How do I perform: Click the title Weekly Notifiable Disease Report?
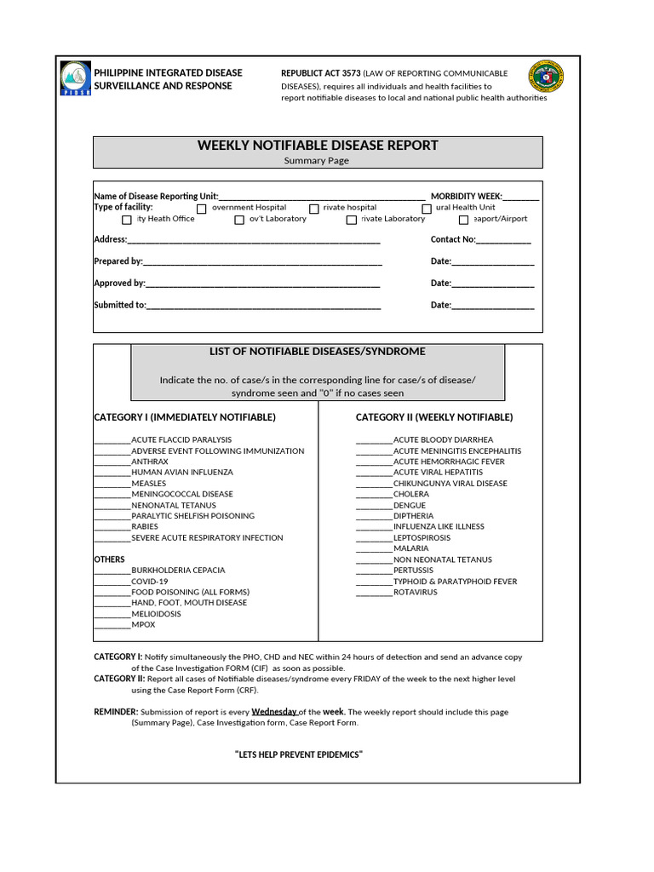(x=318, y=146)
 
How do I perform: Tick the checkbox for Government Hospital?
(x=202, y=209)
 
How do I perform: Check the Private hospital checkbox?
(x=314, y=209)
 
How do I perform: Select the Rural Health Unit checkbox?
(x=427, y=209)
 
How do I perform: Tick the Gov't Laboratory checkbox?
(x=239, y=220)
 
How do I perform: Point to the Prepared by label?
(x=118, y=261)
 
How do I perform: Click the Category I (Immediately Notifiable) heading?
(x=185, y=417)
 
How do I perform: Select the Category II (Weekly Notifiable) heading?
(x=434, y=417)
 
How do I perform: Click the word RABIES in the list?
(x=145, y=527)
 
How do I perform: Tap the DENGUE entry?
(x=410, y=505)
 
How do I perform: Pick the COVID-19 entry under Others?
(x=150, y=582)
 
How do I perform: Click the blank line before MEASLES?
(x=112, y=483)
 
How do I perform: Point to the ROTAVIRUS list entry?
(x=416, y=593)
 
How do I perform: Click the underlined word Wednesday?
(x=274, y=712)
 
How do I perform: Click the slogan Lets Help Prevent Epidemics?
(x=299, y=755)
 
